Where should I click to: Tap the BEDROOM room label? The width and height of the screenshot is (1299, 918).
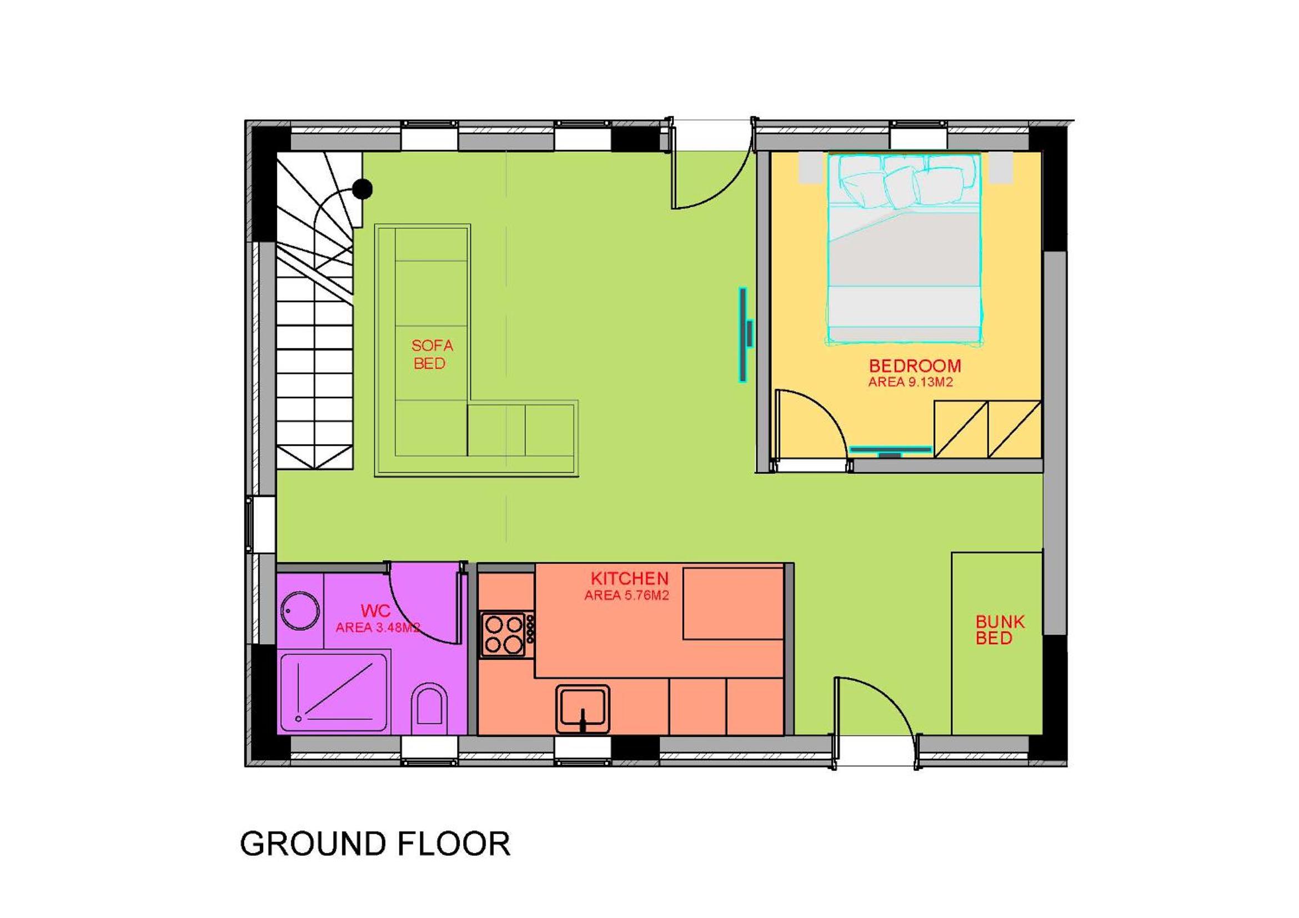(915, 366)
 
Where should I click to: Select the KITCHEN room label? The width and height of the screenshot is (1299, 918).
(629, 578)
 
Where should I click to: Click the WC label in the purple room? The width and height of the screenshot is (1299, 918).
(375, 611)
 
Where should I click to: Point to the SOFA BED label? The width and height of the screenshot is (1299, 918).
(432, 355)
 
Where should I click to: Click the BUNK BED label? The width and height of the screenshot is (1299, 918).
(1000, 630)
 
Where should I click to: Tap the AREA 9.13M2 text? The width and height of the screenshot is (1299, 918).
(910, 382)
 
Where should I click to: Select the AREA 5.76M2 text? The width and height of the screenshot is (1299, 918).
(626, 595)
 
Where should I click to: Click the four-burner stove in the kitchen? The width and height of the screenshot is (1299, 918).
(506, 634)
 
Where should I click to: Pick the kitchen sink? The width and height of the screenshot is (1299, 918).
(583, 709)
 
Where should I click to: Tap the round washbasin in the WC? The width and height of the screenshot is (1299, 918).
(300, 611)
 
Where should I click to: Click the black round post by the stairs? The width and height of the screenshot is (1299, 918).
(363, 188)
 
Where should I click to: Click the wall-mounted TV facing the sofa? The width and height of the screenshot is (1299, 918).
(744, 335)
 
